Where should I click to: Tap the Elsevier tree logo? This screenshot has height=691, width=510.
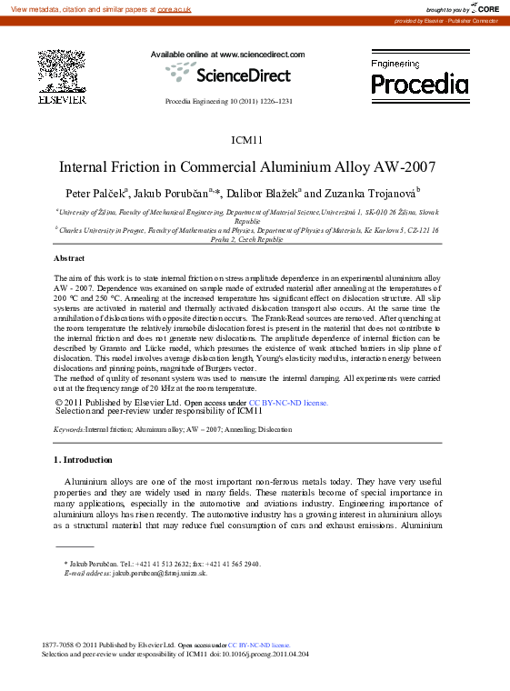(x=61, y=72)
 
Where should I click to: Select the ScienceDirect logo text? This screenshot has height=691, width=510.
(x=243, y=75)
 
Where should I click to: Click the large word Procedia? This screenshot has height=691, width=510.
(x=419, y=85)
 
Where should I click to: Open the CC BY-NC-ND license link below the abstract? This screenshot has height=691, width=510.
(x=288, y=402)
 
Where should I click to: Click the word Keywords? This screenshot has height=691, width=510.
(x=69, y=428)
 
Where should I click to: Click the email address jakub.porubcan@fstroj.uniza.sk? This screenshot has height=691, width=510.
(x=160, y=574)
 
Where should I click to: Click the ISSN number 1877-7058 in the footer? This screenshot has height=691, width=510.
(x=58, y=644)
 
